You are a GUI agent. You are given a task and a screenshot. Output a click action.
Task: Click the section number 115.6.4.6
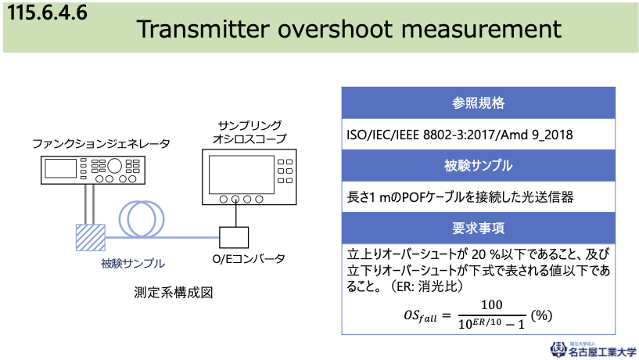[x=47, y=12]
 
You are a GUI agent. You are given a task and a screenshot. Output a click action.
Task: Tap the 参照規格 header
[x=478, y=103]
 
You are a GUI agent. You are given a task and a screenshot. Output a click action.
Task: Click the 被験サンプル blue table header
[x=478, y=166]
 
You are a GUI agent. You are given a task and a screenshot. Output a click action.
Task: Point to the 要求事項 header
[x=478, y=228]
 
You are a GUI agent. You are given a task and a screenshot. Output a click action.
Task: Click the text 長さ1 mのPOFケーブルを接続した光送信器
[x=460, y=197]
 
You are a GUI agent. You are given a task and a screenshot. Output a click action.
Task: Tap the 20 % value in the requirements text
[x=486, y=254]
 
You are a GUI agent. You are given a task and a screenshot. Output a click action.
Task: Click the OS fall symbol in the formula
[x=420, y=316]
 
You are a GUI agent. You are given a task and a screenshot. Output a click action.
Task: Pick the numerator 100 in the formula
[x=491, y=305]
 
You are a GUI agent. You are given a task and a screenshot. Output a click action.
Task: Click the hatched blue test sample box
[x=91, y=237]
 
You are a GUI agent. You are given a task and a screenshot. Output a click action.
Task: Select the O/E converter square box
[x=234, y=238]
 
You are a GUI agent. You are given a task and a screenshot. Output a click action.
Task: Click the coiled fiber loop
[x=142, y=219]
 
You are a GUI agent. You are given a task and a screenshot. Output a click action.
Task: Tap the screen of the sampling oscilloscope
[x=241, y=175]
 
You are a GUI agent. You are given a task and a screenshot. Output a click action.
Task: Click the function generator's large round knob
[x=114, y=166]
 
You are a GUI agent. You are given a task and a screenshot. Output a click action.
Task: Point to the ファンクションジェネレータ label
[x=101, y=144]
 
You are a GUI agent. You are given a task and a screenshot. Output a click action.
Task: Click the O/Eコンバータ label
[x=249, y=259]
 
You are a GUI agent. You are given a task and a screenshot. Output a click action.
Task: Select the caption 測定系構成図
[x=174, y=293]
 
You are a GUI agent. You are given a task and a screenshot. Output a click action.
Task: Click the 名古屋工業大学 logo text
[x=602, y=352]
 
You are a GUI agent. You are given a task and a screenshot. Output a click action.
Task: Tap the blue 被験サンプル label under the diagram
[x=133, y=264]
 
